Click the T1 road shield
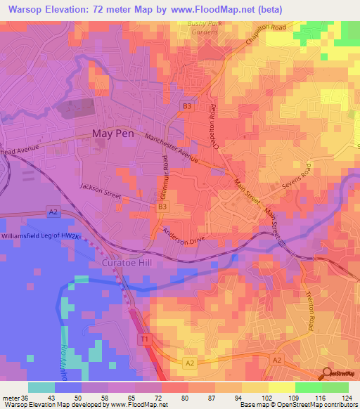click(x=143, y=339)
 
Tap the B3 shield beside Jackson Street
click(x=162, y=207)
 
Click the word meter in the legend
click(x=11, y=397)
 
